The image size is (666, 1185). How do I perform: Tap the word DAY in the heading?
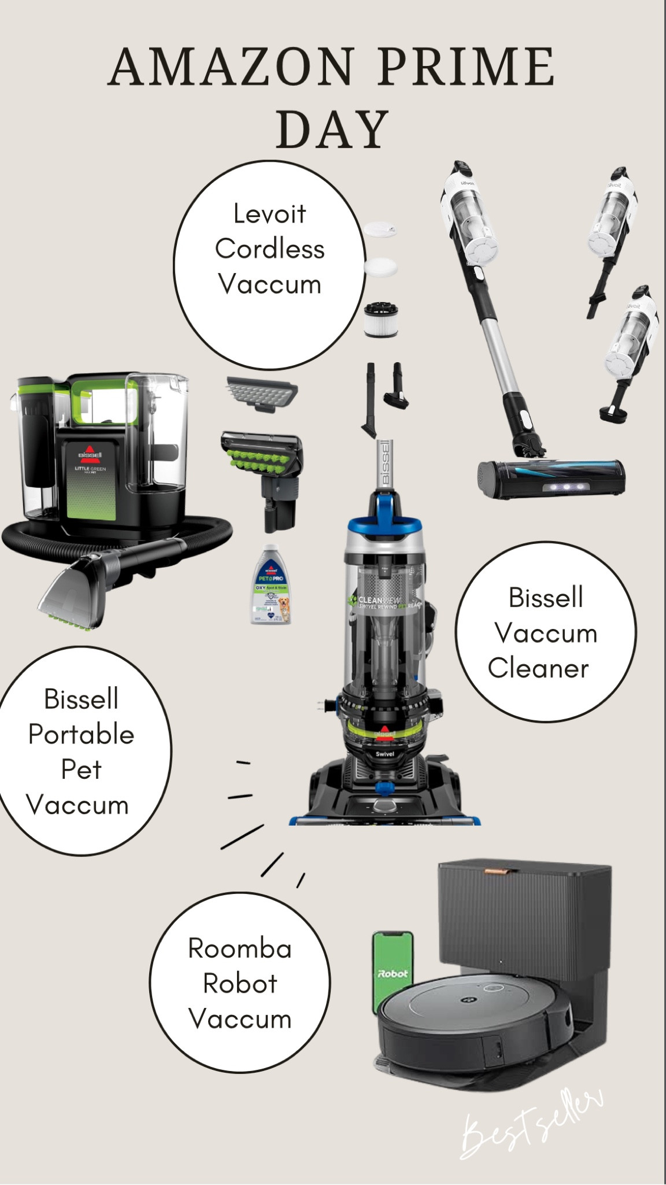(332, 130)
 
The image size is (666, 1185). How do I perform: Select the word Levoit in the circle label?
(269, 214)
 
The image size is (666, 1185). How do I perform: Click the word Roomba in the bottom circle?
(240, 948)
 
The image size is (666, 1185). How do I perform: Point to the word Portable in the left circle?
(82, 735)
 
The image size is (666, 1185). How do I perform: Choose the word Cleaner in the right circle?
(538, 668)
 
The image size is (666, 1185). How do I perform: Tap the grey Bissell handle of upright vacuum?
(386, 463)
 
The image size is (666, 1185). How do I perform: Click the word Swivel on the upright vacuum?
(385, 755)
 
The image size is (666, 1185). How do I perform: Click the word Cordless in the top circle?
(270, 249)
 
